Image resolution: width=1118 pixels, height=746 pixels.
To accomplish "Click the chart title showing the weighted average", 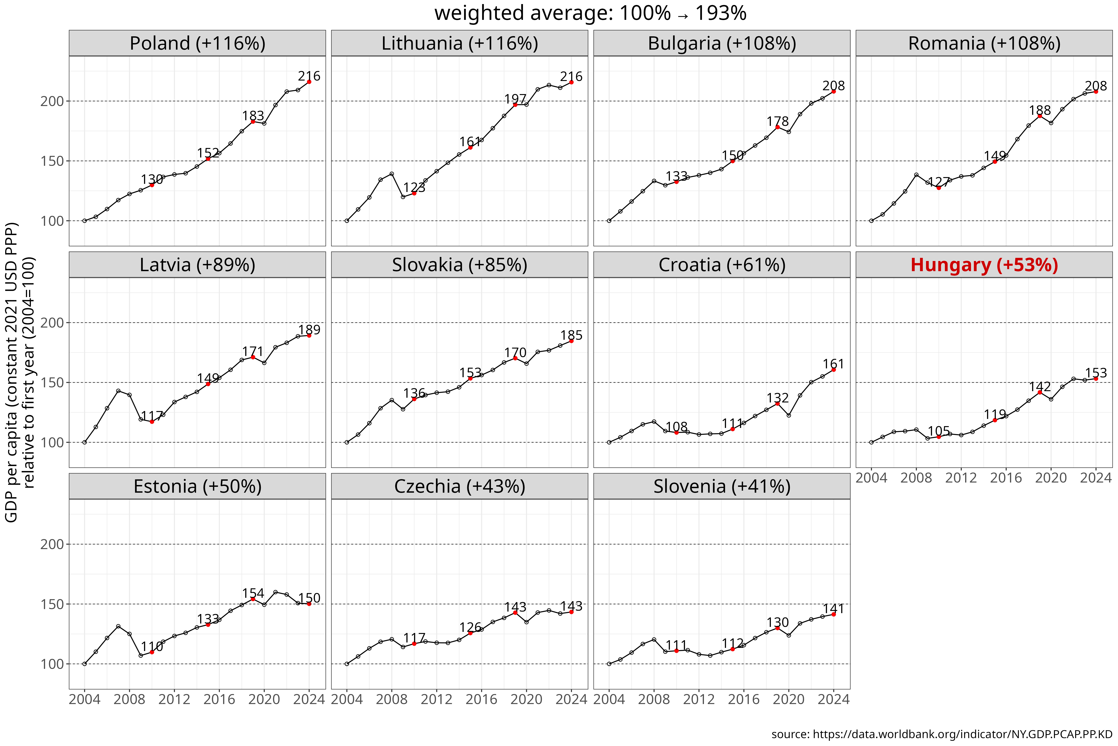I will [x=590, y=13].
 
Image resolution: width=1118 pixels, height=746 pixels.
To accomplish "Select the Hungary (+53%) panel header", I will [x=984, y=265].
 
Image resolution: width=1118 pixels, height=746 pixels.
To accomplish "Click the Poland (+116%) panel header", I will [x=197, y=43].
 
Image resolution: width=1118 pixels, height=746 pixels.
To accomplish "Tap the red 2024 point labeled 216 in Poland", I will [x=309, y=82].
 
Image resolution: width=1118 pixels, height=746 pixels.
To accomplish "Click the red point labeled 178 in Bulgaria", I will [x=777, y=127].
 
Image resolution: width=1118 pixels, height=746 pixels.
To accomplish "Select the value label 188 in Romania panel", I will [x=1040, y=110].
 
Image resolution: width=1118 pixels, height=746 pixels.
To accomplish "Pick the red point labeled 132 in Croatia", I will [x=777, y=403].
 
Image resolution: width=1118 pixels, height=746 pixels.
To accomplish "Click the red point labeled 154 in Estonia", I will [x=253, y=599].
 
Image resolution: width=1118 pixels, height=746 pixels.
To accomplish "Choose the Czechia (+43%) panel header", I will [x=460, y=486].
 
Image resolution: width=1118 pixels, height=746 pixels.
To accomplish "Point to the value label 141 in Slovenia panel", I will [x=833, y=609].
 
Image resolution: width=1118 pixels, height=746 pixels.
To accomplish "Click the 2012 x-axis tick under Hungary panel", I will [x=961, y=478].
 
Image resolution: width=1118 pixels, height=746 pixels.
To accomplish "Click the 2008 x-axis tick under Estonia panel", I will [x=129, y=699].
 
